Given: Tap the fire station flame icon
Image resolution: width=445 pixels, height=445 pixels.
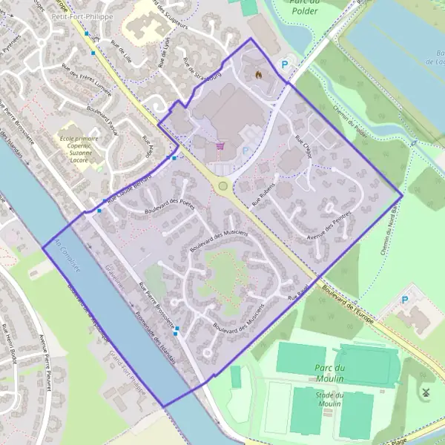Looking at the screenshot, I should pos(259,75).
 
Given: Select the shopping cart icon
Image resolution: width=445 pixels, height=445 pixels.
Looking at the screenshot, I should pos(220,145).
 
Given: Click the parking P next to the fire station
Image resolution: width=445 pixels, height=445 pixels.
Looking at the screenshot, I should pos(284,65).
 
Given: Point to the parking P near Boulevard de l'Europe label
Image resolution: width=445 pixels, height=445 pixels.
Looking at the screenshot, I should pos(404,300).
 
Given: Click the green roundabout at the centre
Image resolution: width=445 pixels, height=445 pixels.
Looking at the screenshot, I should pos(222,186).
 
